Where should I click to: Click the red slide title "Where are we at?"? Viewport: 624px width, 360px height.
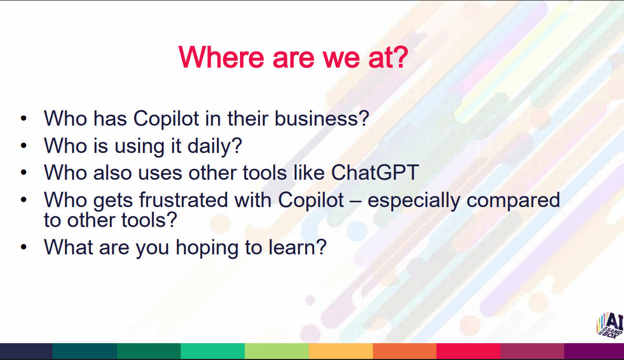click(293, 57)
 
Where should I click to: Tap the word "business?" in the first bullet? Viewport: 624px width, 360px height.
click(322, 118)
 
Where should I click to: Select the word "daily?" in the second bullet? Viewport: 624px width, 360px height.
click(215, 146)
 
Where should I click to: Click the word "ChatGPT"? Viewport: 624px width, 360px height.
click(375, 173)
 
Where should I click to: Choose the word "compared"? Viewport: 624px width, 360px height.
click(513, 200)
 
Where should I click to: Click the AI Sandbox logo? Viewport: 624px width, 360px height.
click(610, 325)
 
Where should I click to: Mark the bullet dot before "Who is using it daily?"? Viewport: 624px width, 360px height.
click(24, 146)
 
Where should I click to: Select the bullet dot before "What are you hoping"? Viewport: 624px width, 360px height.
click(24, 247)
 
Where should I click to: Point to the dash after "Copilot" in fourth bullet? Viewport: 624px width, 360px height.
click(356, 201)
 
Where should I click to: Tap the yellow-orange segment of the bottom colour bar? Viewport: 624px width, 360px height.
click(341, 351)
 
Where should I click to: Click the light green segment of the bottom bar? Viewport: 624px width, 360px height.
click(277, 351)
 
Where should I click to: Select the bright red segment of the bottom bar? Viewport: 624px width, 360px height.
click(469, 351)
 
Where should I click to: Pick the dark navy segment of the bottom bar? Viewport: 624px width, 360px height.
click(26, 351)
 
